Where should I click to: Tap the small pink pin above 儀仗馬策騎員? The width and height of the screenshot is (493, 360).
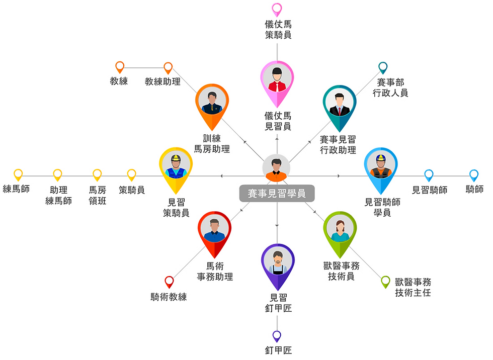pos(277,9)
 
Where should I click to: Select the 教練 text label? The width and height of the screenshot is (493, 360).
pos(119,81)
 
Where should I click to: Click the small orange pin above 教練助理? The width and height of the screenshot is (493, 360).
pos(168,67)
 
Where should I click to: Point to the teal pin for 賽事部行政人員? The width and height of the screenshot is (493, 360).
pos(383,67)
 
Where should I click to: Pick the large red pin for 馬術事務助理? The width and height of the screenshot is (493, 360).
pos(214,232)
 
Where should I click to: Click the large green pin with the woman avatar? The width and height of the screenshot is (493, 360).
pos(340,231)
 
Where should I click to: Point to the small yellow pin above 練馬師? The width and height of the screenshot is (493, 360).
pos(19,174)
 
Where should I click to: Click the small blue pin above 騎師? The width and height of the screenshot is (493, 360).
pos(473,174)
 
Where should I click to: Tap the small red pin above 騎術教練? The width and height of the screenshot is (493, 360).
pos(169,281)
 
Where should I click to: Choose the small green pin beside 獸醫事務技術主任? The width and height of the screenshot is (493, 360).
pos(385,281)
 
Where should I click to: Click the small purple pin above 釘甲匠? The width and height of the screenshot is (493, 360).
pos(277,335)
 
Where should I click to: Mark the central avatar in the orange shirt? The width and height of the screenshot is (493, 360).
pos(276,168)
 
